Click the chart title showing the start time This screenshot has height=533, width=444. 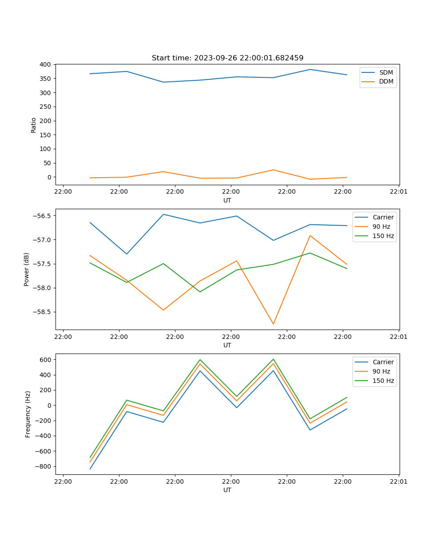(x=227, y=58)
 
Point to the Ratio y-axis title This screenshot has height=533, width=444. (x=34, y=125)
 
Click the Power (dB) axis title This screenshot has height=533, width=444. (x=27, y=269)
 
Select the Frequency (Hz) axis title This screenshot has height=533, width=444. (x=28, y=414)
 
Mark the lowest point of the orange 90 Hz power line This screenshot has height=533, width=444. (x=274, y=324)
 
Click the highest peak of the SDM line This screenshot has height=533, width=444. (x=310, y=69)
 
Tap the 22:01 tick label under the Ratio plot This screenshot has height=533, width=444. (x=399, y=192)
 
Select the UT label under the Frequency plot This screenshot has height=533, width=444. (x=227, y=490)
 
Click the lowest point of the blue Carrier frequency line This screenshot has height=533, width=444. (x=90, y=469)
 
